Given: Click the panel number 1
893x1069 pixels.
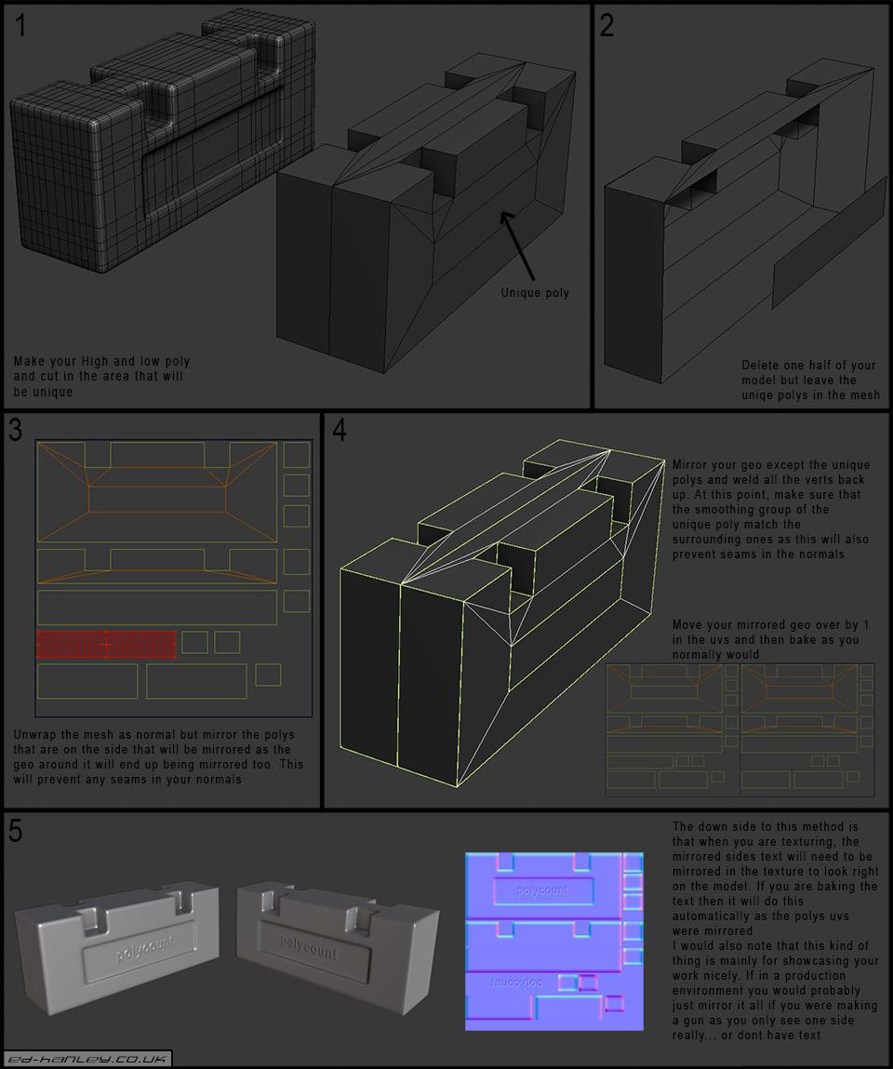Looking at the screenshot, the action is pos(21,25).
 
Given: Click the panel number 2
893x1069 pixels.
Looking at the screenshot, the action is pos(606,25).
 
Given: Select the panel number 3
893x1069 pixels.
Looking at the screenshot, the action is pos(15,430).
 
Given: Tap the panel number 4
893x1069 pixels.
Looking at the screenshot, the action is pos(340,430).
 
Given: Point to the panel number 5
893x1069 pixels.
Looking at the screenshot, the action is pos(15,831).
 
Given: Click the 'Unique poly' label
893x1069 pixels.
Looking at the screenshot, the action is pos(535,292).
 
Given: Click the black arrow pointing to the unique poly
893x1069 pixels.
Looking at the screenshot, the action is pos(517,246).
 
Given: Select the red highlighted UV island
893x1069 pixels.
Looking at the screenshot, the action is pos(106,644).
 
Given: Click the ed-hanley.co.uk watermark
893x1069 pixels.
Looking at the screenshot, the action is pos(87,1059).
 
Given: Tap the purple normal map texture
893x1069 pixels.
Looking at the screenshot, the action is pos(554,941).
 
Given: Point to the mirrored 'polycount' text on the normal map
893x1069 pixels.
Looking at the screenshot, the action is pos(516,982).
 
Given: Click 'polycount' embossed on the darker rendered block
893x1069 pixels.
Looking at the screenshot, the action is pos(309,948).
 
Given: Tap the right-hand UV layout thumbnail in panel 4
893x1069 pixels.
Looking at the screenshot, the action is pos(807,728).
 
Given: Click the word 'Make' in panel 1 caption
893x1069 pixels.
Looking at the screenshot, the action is pos(28,361).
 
